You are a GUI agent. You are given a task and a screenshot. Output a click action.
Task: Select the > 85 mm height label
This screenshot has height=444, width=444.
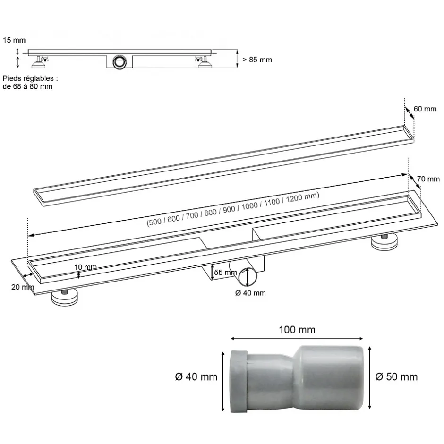click(x=257, y=60)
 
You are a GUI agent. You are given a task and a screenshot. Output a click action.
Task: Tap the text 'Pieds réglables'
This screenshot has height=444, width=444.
click(x=29, y=78)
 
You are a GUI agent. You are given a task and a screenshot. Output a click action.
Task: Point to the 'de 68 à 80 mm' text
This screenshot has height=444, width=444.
click(x=27, y=86)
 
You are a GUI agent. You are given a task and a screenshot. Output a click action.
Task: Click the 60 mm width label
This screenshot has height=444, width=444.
click(x=425, y=109)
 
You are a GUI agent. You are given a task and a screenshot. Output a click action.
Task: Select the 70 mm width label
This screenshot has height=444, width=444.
click(x=428, y=179)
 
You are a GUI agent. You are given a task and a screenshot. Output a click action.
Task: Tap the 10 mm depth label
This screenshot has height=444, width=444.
click(x=85, y=267)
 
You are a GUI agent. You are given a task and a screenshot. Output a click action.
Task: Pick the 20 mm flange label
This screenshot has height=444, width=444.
click(x=21, y=287)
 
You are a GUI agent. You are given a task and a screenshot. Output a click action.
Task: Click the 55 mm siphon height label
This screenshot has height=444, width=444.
click(x=225, y=273)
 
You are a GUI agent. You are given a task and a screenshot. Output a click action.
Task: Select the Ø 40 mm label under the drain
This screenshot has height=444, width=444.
click(x=250, y=293)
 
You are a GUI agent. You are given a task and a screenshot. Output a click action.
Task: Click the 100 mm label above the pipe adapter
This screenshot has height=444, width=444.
click(x=296, y=330)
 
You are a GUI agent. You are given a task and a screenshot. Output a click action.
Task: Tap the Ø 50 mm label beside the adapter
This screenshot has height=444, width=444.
click(x=396, y=376)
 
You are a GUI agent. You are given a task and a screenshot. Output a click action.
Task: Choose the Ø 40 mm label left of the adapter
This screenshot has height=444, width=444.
click(x=196, y=376)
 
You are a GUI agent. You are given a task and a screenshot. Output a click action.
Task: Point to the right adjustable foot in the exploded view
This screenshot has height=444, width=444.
click(x=385, y=242)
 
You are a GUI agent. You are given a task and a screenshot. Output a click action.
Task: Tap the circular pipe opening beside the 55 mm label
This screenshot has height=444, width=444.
click(x=247, y=278)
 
